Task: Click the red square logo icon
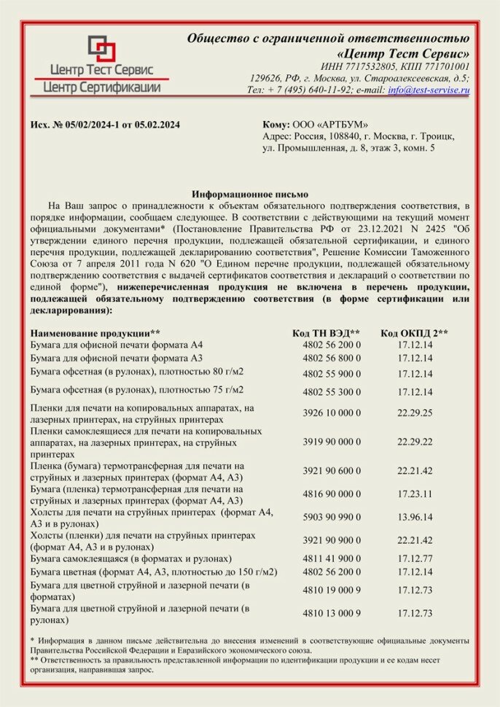(101, 49)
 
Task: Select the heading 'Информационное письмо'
(250, 195)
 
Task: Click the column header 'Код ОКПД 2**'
(414, 333)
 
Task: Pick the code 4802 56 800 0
(332, 359)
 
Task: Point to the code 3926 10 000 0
(332, 413)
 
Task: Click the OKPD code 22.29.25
(415, 413)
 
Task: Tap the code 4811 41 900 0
(332, 558)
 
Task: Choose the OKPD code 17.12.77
(415, 558)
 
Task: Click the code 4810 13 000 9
(332, 613)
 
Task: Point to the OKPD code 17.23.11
(415, 493)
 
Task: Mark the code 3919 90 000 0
(332, 442)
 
